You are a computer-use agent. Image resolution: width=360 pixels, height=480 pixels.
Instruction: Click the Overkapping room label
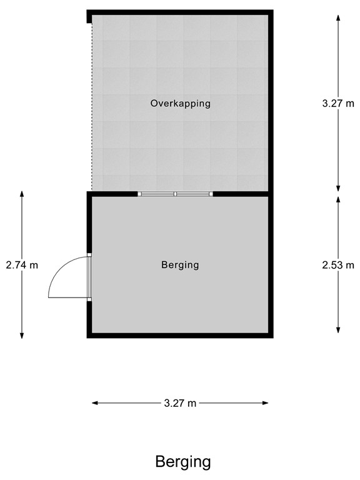click(180, 103)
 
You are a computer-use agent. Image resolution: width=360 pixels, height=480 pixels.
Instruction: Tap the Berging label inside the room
click(180, 265)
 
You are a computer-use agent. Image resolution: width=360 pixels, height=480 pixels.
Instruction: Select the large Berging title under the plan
click(182, 462)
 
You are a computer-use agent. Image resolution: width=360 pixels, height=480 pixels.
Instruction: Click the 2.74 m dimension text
click(22, 265)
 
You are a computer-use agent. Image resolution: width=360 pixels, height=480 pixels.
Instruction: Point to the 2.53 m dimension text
click(338, 265)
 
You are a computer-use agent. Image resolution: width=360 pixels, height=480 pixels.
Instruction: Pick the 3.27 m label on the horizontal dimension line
click(180, 404)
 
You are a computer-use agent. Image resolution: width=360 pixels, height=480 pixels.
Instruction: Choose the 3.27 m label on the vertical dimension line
click(338, 104)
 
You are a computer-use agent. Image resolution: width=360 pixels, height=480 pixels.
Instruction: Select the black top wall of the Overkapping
click(180, 12)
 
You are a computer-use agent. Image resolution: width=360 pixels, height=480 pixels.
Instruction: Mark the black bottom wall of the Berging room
click(180, 336)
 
